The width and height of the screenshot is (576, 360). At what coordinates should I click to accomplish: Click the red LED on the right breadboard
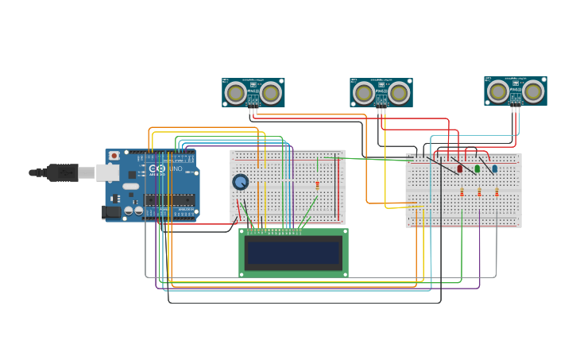tap(459, 168)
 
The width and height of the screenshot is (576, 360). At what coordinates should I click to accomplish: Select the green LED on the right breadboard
tap(477, 168)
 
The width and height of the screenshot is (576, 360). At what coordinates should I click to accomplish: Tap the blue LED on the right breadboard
tap(494, 168)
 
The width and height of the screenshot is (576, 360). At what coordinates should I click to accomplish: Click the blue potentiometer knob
tap(240, 182)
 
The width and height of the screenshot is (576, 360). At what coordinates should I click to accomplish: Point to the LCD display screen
tap(293, 253)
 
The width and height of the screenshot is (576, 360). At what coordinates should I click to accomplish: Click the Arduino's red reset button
tap(114, 156)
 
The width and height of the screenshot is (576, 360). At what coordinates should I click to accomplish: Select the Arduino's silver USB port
tap(108, 172)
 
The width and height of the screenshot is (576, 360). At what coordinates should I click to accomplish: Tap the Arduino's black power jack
tap(110, 212)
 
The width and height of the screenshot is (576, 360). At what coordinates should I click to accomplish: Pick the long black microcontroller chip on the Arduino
tap(169, 199)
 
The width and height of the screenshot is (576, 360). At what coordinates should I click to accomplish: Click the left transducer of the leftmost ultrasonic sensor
tap(235, 94)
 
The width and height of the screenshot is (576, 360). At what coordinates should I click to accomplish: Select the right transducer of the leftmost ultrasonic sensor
tap(271, 94)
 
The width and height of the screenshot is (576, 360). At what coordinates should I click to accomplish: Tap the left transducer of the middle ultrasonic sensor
tap(363, 94)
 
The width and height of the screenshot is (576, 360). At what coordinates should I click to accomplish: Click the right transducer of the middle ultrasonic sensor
tap(399, 94)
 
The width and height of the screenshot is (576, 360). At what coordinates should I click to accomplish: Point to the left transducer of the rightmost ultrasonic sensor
tap(498, 92)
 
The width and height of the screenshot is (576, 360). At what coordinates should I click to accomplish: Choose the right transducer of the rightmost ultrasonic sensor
tap(533, 92)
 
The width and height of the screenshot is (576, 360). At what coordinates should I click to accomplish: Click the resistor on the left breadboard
tap(318, 185)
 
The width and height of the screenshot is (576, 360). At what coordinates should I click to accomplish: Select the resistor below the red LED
tap(462, 192)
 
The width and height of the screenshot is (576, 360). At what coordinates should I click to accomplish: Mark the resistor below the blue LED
tap(497, 192)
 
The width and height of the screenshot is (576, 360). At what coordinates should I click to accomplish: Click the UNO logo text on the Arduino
tap(175, 168)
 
